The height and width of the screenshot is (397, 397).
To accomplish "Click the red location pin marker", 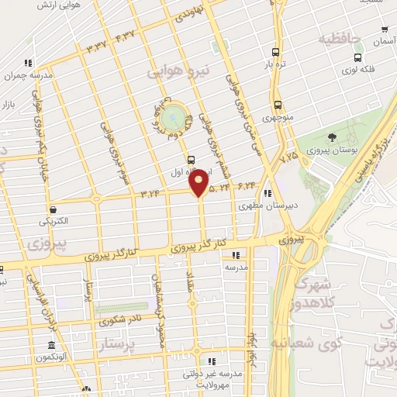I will (199, 182).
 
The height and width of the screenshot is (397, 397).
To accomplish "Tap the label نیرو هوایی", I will (179, 71).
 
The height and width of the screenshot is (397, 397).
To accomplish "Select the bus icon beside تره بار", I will (275, 53).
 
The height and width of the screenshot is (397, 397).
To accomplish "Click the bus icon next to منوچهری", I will (277, 105).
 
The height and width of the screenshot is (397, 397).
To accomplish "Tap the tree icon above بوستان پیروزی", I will (333, 136).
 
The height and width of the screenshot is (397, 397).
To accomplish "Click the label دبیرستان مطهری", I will (259, 206).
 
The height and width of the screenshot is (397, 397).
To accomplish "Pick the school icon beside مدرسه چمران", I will (29, 63).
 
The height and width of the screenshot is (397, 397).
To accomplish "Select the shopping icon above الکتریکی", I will (53, 209).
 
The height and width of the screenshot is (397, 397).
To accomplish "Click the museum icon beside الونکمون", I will (51, 345).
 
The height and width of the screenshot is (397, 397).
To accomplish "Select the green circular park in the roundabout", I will (174, 119).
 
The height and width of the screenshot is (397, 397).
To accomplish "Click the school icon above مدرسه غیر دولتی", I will (212, 361).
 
